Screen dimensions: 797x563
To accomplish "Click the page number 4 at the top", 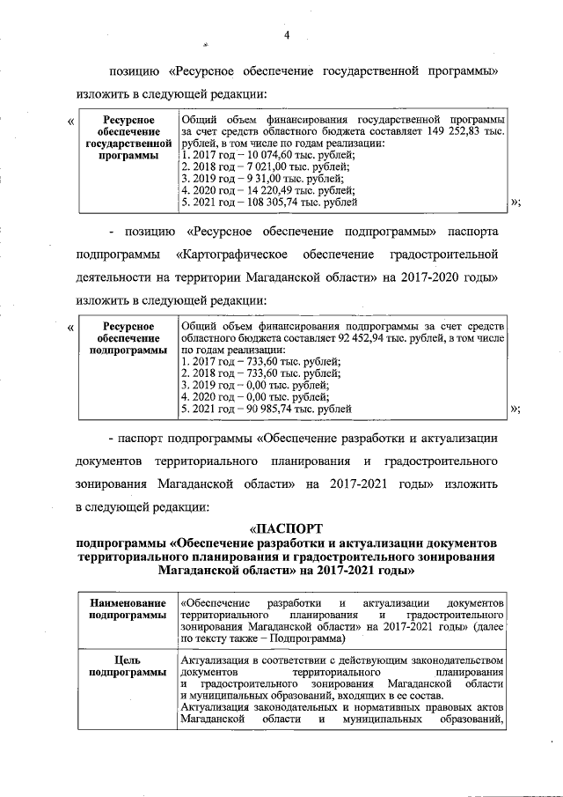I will [x=287, y=34].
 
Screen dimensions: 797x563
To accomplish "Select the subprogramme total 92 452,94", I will [x=351, y=337].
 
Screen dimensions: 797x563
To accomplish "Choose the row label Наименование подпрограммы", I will [x=128, y=608].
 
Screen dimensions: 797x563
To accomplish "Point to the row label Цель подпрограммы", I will [x=128, y=667].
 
